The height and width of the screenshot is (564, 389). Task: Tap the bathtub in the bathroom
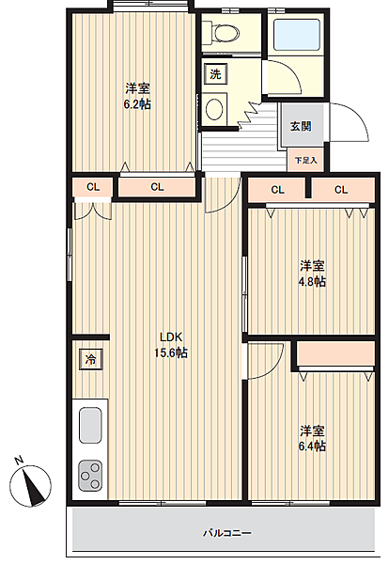pos(297,36)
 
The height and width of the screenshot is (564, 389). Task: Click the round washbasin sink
pos(215,107)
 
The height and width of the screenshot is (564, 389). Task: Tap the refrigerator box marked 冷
pos(91,359)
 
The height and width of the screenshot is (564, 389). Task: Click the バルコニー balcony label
pos(226,533)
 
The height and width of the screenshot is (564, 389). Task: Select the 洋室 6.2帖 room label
pos(138,95)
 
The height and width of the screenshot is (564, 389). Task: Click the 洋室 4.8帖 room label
pos(312,274)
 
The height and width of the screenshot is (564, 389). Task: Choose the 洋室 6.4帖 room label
pos(312,438)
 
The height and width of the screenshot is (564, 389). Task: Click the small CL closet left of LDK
pos(92,187)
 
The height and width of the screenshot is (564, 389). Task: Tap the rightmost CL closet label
pos(340,190)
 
